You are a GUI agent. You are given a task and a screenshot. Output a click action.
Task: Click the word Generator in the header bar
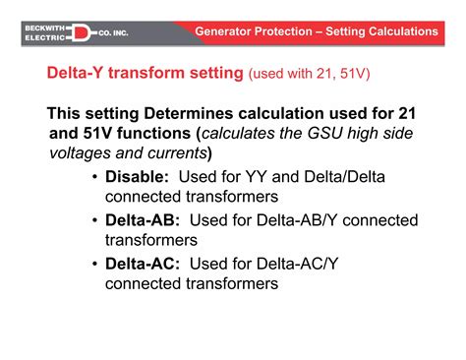(227, 31)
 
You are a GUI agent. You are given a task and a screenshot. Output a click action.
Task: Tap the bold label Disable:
(138, 177)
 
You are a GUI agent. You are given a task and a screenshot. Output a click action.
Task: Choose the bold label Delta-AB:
(143, 220)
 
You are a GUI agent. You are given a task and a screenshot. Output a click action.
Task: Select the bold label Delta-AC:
(143, 264)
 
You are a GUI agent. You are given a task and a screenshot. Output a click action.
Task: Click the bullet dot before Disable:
(94, 177)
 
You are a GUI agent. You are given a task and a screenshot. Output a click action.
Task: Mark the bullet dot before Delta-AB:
(94, 220)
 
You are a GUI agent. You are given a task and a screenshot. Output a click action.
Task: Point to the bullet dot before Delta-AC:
(94, 264)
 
